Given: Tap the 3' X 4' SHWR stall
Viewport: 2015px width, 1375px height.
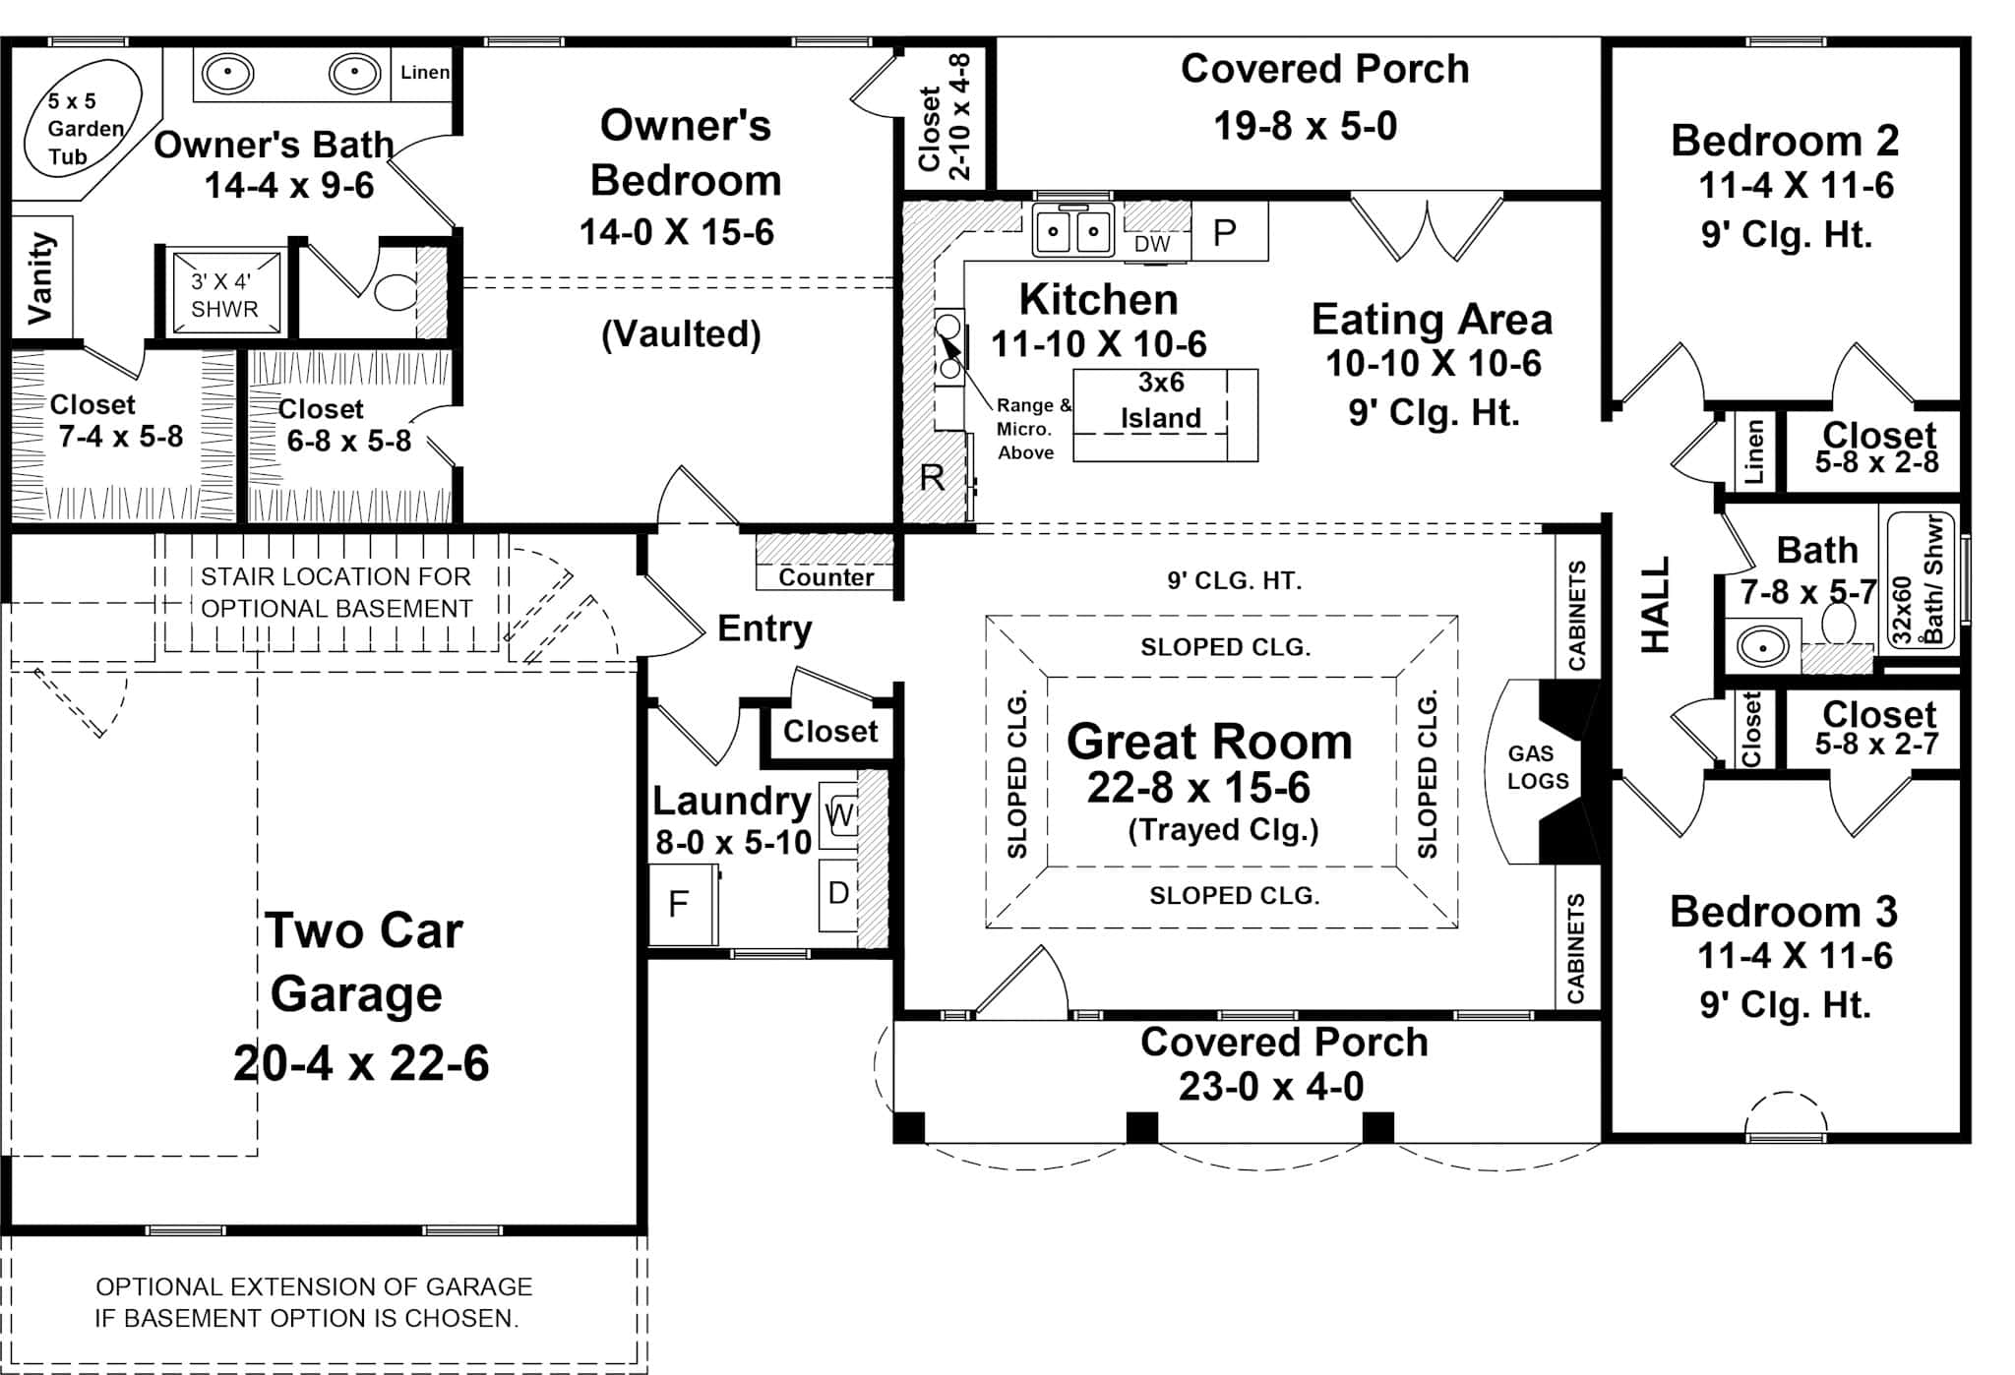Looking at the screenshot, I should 225,293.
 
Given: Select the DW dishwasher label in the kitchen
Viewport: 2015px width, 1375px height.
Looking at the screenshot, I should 1152,244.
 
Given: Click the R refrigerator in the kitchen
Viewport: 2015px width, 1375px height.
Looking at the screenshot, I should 931,479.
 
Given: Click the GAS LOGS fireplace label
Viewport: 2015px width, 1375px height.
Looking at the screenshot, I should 1537,767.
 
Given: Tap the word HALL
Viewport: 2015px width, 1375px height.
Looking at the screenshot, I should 1656,604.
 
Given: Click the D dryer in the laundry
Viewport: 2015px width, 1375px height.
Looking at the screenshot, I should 838,894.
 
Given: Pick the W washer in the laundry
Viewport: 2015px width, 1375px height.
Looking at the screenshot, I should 839,813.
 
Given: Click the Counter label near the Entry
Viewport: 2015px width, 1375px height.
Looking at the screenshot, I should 825,576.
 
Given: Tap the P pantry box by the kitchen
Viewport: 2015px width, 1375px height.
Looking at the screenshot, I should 1226,233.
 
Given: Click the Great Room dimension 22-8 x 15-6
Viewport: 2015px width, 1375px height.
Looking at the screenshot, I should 1198,788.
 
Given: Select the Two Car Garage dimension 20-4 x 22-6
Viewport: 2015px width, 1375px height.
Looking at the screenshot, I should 360,1063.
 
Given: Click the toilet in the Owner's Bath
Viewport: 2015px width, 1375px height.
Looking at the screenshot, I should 397,291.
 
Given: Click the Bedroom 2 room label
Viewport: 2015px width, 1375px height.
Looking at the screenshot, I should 1784,141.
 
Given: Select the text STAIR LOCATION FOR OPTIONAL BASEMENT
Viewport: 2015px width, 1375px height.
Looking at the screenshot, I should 336,592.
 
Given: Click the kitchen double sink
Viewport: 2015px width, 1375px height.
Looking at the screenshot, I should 1072,232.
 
